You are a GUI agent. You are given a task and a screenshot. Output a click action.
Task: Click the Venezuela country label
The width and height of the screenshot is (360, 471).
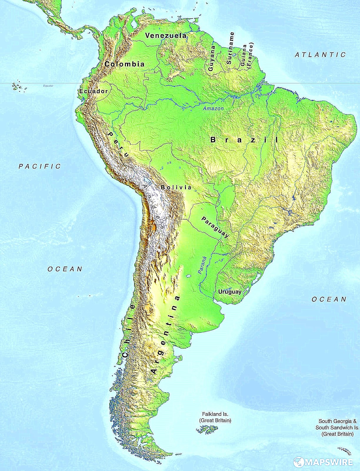pyautogui.click(x=166, y=36)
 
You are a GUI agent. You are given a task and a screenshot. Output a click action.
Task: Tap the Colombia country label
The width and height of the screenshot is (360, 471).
pyautogui.click(x=124, y=64)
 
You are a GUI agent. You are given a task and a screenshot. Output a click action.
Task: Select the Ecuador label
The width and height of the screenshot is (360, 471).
pyautogui.click(x=94, y=91)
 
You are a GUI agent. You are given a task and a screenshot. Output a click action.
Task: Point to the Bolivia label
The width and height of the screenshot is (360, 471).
pyautogui.click(x=176, y=187)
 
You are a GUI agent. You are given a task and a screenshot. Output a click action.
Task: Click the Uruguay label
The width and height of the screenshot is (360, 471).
pyautogui.click(x=230, y=292)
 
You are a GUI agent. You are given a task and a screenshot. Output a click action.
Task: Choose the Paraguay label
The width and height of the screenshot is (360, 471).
pyautogui.click(x=215, y=227)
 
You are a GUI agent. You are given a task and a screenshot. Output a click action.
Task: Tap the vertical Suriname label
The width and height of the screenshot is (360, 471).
pyautogui.click(x=231, y=48)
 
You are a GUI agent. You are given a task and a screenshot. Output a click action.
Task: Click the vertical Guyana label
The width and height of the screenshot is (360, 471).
pyautogui.click(x=211, y=58)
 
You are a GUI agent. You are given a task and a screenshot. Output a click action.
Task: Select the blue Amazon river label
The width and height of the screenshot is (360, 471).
pyautogui.click(x=213, y=108)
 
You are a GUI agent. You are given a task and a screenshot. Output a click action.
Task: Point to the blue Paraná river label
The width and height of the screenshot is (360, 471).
pyautogui.click(x=202, y=265)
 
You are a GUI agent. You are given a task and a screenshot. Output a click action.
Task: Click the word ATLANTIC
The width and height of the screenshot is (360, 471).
pyautogui.click(x=320, y=55)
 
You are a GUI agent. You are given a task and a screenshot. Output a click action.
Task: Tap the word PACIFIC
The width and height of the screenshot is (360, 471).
pyautogui.click(x=40, y=166)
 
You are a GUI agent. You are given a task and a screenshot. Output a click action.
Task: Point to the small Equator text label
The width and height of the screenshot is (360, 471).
pyautogui.click(x=48, y=86)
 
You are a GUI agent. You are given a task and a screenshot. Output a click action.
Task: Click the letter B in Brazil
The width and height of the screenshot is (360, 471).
pyautogui.click(x=213, y=140)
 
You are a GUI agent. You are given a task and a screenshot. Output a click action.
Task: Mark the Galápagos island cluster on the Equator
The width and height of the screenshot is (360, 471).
pyautogui.click(x=18, y=87)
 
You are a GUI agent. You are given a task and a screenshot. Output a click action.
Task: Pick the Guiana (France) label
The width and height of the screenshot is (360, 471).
pyautogui.click(x=246, y=56)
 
